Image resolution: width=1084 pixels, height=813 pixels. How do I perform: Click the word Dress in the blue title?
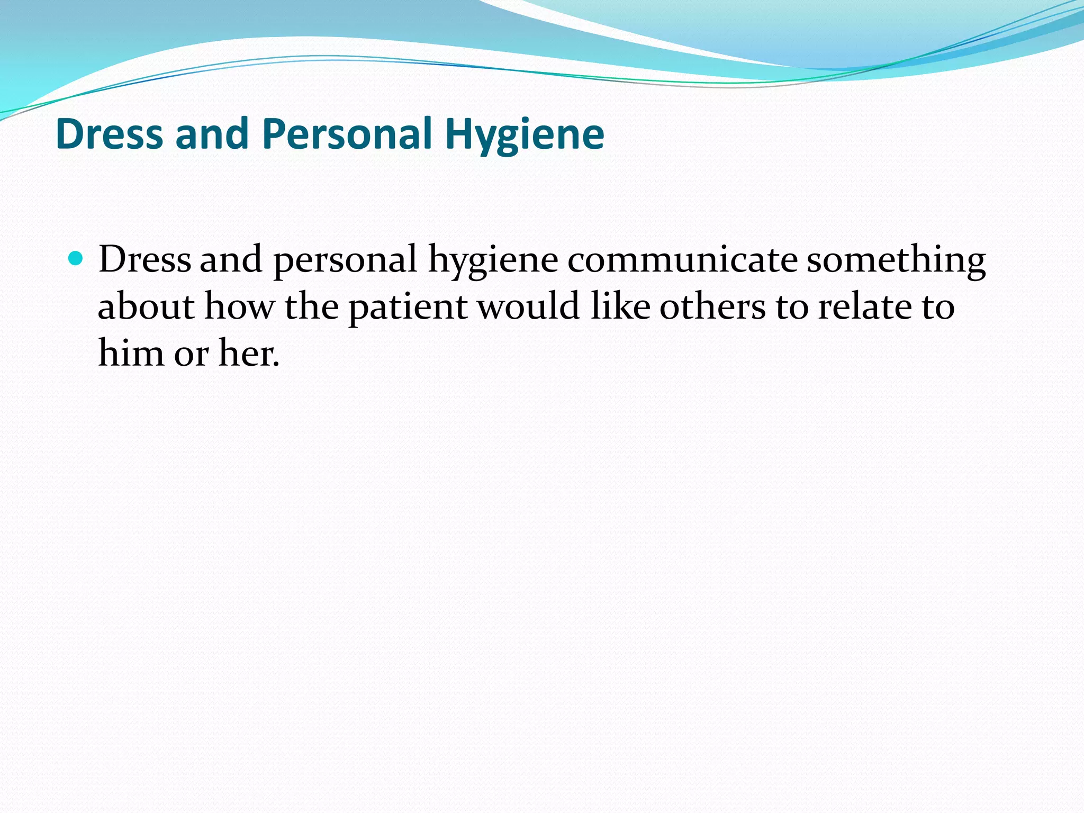click(x=109, y=134)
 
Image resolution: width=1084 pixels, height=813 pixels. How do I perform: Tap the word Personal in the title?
click(x=347, y=134)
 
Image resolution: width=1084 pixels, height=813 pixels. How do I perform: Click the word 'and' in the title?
click(x=212, y=134)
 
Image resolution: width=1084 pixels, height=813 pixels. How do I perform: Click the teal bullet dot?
click(x=77, y=259)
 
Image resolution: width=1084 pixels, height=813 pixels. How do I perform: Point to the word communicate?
click(x=682, y=260)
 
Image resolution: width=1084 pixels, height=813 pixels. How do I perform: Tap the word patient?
click(x=408, y=308)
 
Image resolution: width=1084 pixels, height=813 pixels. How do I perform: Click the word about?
click(x=146, y=306)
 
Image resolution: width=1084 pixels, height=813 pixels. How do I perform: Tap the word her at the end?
click(x=248, y=353)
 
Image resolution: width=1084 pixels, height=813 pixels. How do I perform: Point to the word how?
click(x=239, y=306)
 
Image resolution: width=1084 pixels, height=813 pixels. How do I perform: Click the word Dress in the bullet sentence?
click(x=144, y=260)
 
